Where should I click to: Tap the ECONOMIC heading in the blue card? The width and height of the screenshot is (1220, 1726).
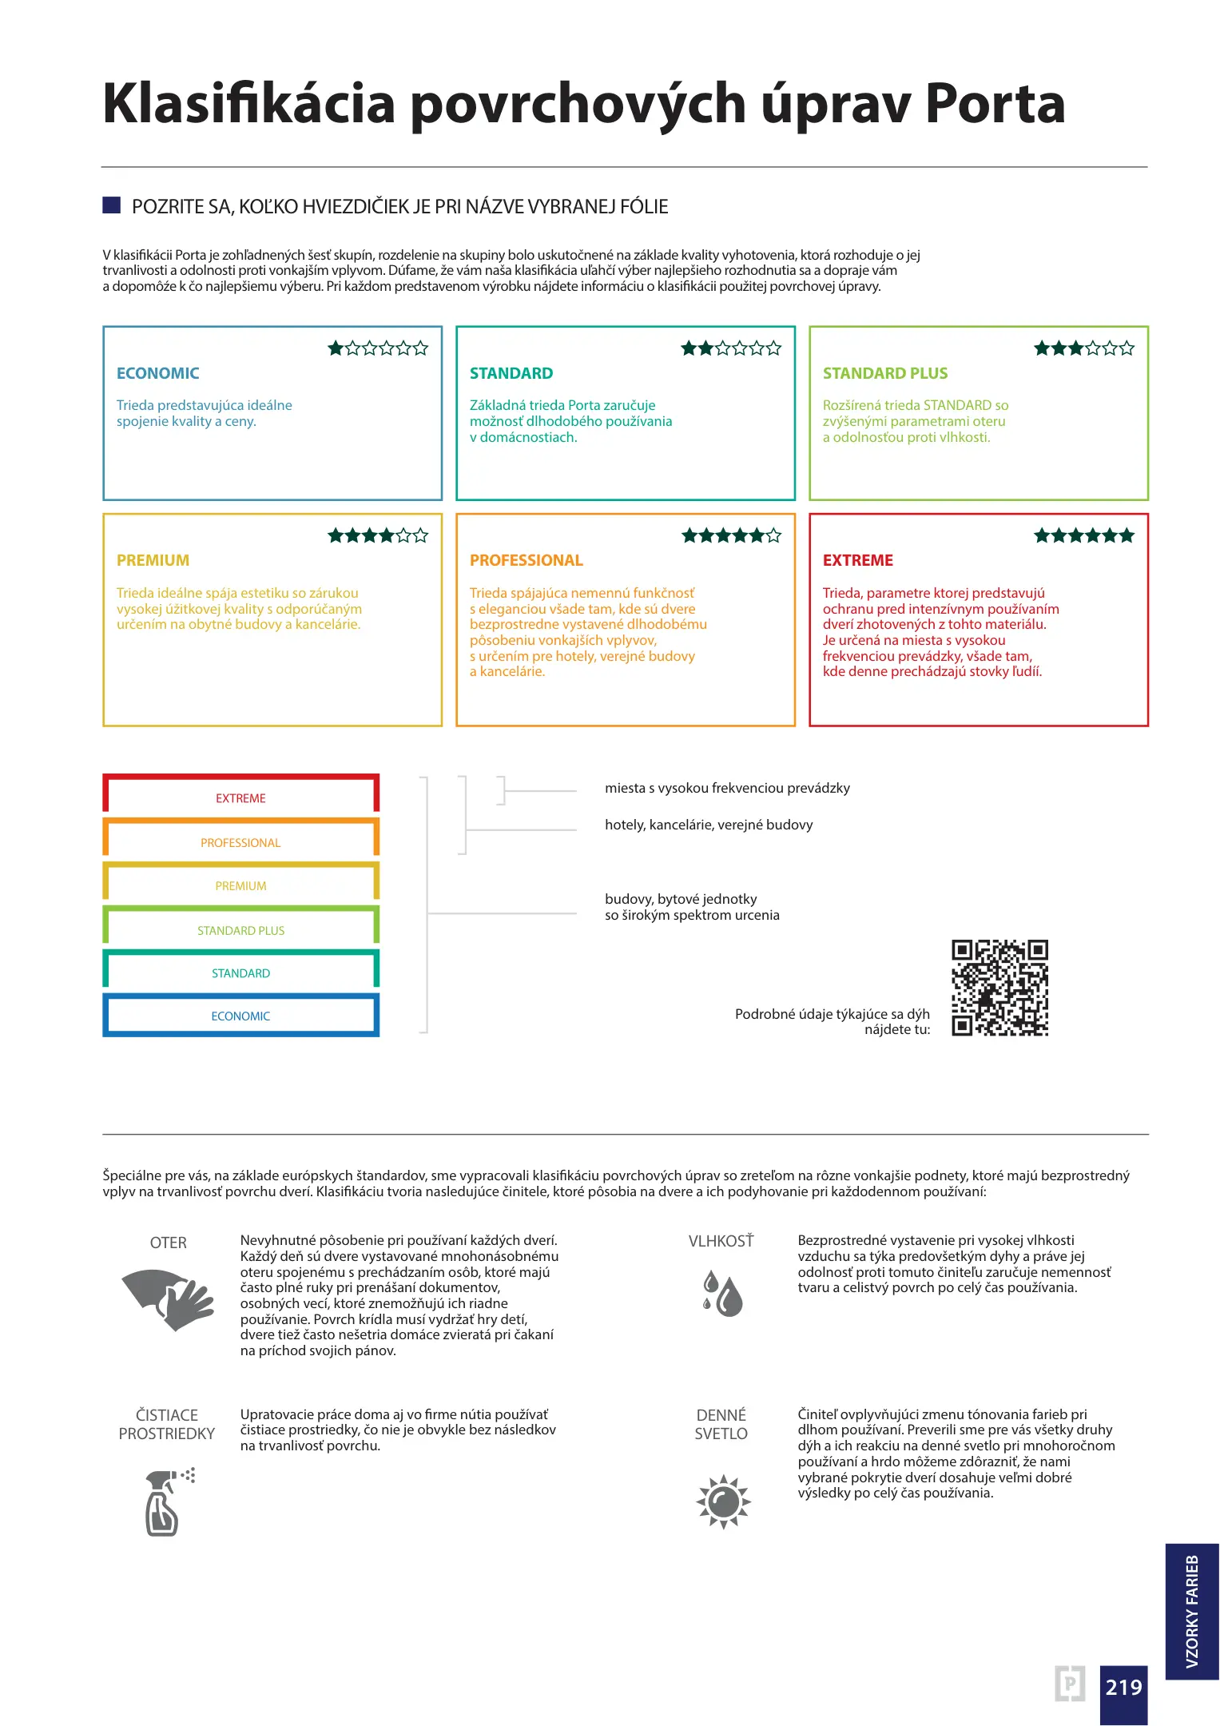point(157,373)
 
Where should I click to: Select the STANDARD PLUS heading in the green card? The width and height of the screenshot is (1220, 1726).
point(884,373)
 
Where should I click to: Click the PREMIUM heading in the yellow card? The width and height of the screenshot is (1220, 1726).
point(153,560)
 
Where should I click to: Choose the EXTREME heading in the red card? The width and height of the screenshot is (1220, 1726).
point(857,560)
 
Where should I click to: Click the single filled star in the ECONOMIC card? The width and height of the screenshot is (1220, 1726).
point(336,348)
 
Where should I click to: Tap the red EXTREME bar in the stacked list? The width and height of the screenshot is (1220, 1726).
point(240,793)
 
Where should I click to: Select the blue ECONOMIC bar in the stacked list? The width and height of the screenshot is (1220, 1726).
point(240,1016)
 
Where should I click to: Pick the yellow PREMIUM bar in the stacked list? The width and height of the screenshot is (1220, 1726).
point(240,883)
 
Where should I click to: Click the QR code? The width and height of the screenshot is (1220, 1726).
point(999,988)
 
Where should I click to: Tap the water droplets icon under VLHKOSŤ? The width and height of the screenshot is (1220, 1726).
point(722,1293)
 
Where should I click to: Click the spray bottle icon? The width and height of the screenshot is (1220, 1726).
point(166,1501)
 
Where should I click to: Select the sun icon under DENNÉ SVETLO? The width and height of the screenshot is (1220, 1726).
point(723,1501)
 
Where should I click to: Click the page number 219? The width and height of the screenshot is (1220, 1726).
point(1123,1687)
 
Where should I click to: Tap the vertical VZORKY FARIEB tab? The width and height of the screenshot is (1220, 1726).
point(1191,1610)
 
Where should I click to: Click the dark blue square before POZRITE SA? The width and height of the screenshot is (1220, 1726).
point(111,205)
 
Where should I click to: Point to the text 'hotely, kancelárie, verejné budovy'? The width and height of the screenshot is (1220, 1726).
point(709,825)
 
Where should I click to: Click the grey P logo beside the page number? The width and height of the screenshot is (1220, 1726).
point(1069,1684)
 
